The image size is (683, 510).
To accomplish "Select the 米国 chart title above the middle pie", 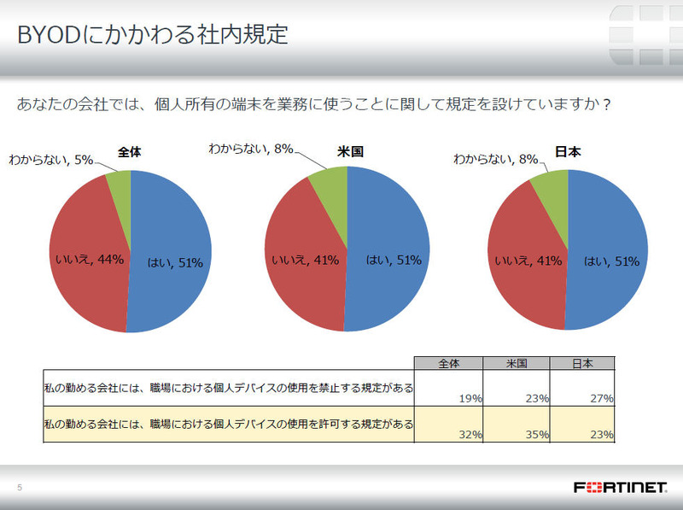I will (x=350, y=151).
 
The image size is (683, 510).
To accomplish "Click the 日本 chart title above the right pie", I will (x=568, y=152).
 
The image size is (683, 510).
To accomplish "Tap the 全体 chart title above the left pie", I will (x=130, y=151).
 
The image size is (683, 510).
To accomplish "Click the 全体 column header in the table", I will (x=448, y=362).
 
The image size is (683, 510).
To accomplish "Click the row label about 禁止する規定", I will (x=229, y=388).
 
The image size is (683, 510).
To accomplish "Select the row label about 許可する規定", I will (x=229, y=424).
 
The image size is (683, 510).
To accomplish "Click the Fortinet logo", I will (x=620, y=487).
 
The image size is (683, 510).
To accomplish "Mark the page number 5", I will (x=20, y=488).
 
